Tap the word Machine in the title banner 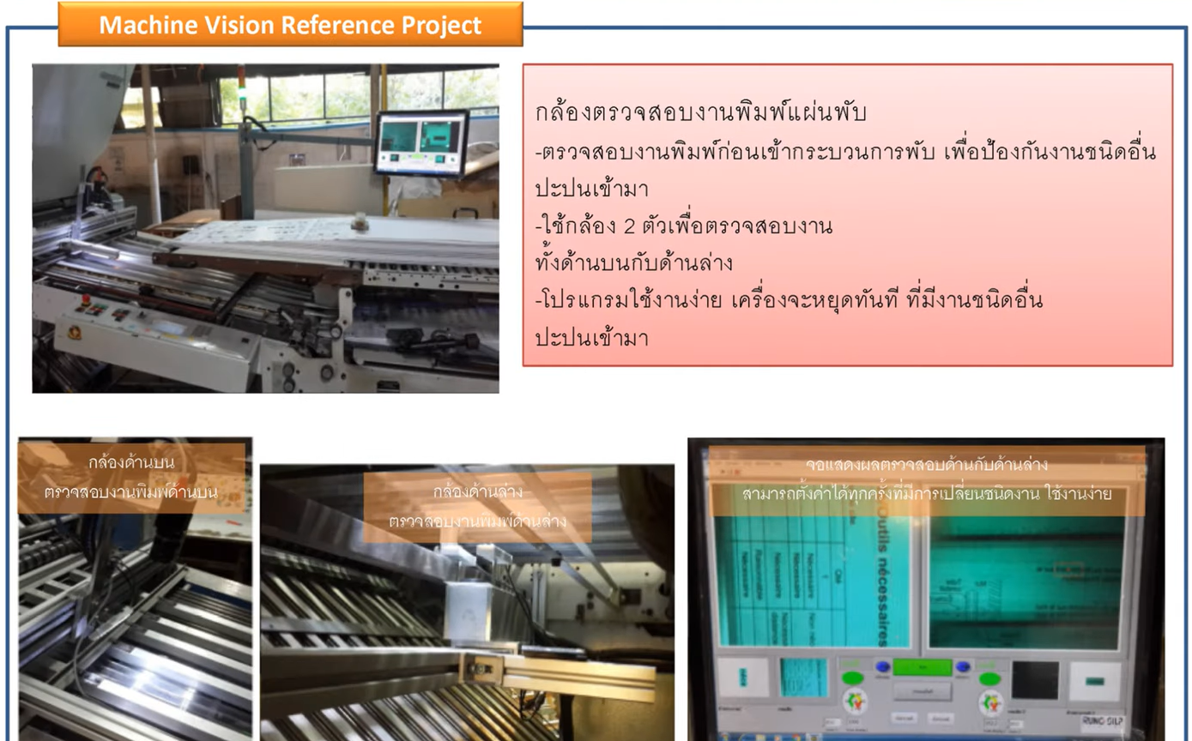click(x=142, y=25)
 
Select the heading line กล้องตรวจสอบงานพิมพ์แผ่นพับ click(x=700, y=113)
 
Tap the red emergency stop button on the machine click(x=84, y=299)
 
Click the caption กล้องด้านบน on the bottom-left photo click(x=131, y=462)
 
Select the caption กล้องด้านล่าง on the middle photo click(x=478, y=491)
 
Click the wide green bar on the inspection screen click(x=923, y=666)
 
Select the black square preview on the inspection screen click(x=1034, y=679)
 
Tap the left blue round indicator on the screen click(x=881, y=666)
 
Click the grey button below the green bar click(x=922, y=690)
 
